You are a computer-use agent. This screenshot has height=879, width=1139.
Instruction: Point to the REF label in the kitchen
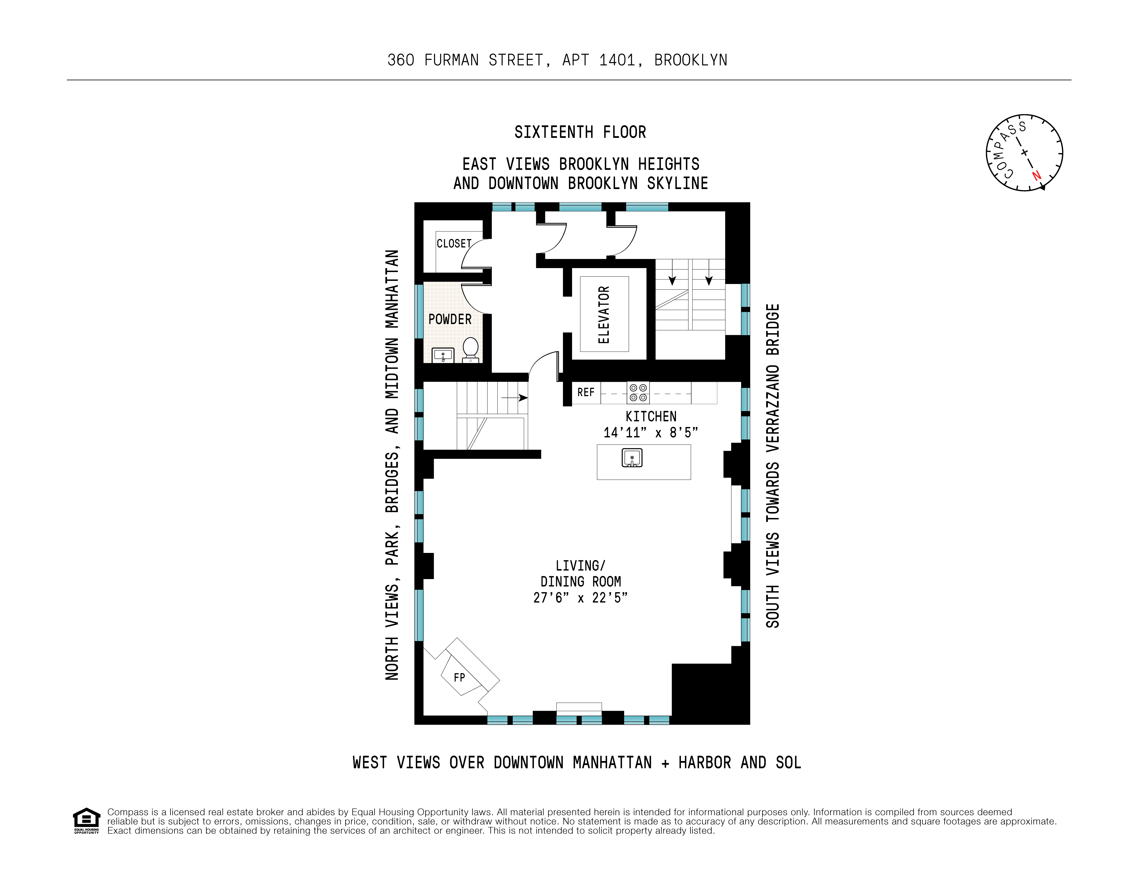click(x=586, y=392)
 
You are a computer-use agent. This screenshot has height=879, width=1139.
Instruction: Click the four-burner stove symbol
click(x=638, y=392)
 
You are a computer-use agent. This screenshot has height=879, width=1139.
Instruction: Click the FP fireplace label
click(x=459, y=677)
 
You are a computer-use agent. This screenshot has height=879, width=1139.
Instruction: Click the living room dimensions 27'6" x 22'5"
click(x=580, y=598)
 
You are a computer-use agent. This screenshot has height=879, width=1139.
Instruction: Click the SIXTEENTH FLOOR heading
click(x=580, y=132)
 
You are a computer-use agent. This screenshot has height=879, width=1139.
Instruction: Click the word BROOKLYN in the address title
click(x=690, y=61)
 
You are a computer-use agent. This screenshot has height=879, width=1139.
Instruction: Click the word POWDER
click(x=450, y=320)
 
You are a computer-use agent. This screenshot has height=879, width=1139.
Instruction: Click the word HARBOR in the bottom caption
click(x=705, y=763)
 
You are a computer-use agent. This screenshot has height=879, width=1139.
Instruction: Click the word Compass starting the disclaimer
click(x=128, y=812)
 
